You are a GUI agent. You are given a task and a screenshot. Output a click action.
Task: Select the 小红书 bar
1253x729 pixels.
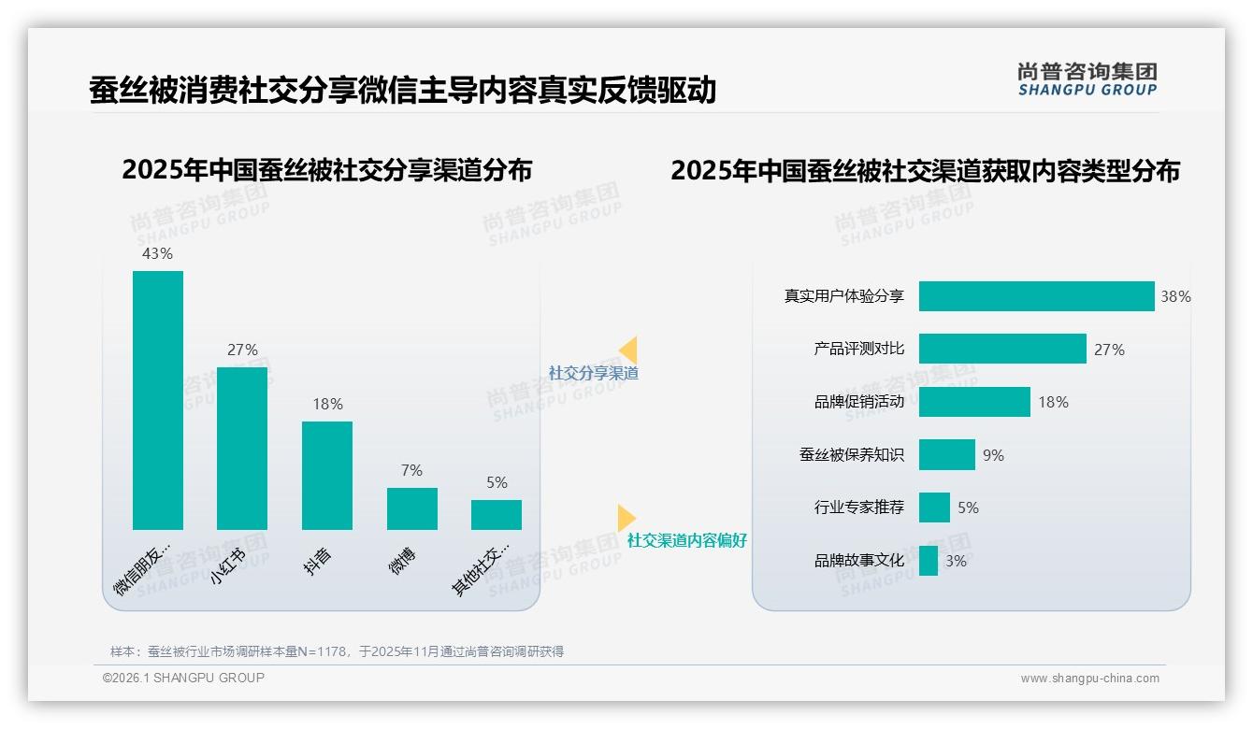click(x=242, y=449)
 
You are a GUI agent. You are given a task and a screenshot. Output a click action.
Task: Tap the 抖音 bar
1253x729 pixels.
click(x=327, y=476)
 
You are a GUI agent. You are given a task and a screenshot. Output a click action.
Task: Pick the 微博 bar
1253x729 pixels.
click(x=412, y=508)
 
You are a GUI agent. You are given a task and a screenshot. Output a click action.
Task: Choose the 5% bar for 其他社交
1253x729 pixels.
click(x=497, y=515)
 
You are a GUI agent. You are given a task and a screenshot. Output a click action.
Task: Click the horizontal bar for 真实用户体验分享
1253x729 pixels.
click(x=1036, y=296)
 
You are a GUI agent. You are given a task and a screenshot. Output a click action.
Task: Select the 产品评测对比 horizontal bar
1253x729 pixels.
click(x=1002, y=349)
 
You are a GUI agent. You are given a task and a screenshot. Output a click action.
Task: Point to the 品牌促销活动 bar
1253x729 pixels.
click(x=974, y=402)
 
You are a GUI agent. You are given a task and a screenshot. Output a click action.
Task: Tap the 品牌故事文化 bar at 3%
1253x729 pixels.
click(x=929, y=561)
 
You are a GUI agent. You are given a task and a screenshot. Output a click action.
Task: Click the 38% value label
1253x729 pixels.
click(x=1175, y=296)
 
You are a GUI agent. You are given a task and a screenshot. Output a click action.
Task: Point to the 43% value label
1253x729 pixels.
click(x=157, y=253)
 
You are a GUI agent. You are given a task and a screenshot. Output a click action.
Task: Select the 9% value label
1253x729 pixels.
click(x=993, y=455)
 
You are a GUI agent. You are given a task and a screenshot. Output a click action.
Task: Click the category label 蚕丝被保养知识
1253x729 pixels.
click(x=852, y=455)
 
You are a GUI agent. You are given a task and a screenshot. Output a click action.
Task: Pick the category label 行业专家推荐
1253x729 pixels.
click(x=859, y=507)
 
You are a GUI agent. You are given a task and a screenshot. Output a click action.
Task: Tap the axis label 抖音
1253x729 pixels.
click(x=319, y=561)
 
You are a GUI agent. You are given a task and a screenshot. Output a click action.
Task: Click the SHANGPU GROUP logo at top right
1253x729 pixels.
click(x=1087, y=79)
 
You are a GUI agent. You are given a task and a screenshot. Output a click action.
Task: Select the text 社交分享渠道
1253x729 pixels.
click(x=594, y=373)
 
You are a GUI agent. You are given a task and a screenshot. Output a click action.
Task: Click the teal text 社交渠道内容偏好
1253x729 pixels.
click(x=687, y=540)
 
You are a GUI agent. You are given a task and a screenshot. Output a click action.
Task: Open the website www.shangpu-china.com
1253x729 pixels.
click(x=1089, y=679)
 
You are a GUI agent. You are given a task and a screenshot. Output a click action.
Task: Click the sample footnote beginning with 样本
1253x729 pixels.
click(x=337, y=651)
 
